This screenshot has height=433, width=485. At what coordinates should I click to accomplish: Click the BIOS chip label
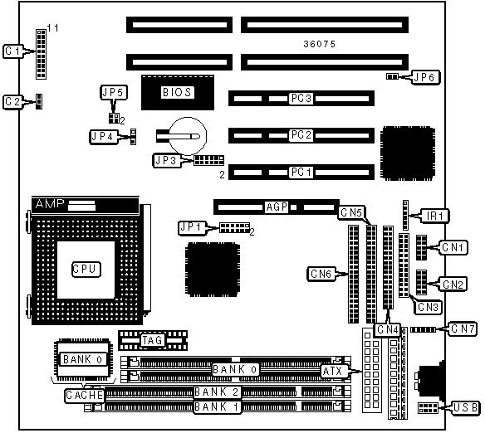[x=177, y=92]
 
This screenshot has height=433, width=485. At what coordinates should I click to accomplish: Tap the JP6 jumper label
[x=424, y=77]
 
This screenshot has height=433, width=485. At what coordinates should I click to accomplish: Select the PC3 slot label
[x=301, y=98]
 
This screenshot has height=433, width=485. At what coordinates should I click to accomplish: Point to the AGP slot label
[x=277, y=207]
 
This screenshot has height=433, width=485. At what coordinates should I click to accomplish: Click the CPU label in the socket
[x=86, y=269]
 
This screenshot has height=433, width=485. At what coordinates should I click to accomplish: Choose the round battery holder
[x=188, y=136]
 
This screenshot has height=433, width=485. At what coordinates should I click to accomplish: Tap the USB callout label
[x=466, y=407]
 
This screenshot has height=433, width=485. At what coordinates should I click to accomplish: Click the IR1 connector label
[x=434, y=216]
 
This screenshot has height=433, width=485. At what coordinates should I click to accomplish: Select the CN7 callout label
[x=463, y=329]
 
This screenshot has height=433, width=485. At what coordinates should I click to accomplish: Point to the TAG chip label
[x=152, y=340]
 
